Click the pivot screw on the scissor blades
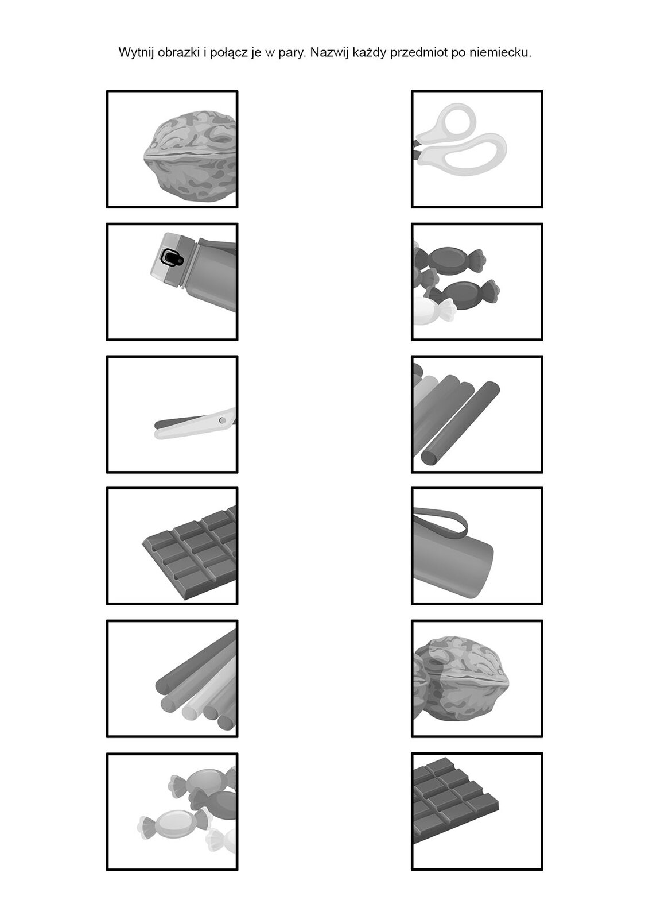(222, 420)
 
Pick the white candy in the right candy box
(434, 310)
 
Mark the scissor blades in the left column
(195, 424)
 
